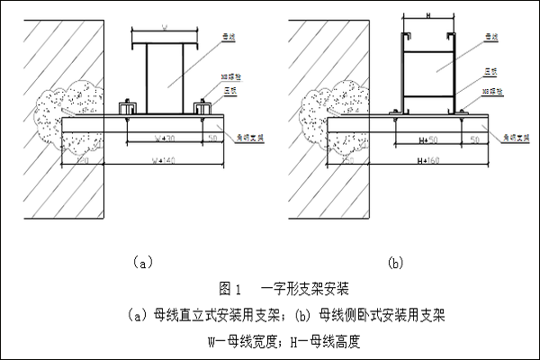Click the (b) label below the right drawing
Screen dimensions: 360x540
point(394,262)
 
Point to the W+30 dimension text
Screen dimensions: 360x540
point(165,139)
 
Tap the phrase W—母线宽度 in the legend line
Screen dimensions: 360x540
point(244,342)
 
